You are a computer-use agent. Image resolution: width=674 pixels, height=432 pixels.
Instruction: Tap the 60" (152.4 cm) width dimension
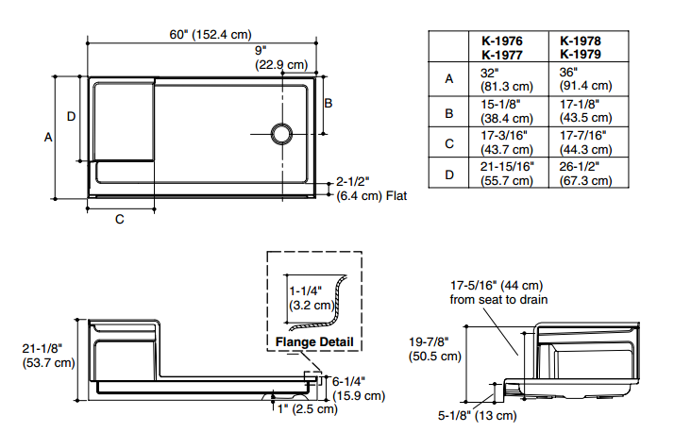click(211, 34)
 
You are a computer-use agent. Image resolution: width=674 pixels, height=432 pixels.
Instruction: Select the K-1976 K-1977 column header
click(502, 48)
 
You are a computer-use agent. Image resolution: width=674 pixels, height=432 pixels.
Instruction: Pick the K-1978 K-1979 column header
click(581, 47)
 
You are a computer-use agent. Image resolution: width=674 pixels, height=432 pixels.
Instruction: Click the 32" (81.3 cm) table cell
click(506, 79)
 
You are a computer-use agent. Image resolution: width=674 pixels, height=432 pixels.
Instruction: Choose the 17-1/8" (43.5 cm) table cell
click(585, 110)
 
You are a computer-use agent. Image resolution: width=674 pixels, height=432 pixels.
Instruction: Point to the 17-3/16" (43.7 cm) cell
click(506, 142)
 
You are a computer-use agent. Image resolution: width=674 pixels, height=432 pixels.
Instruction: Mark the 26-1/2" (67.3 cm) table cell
click(585, 173)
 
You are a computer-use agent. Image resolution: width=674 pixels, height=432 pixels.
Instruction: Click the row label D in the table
click(449, 174)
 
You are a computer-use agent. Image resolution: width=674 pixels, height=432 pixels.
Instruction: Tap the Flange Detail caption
click(314, 341)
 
